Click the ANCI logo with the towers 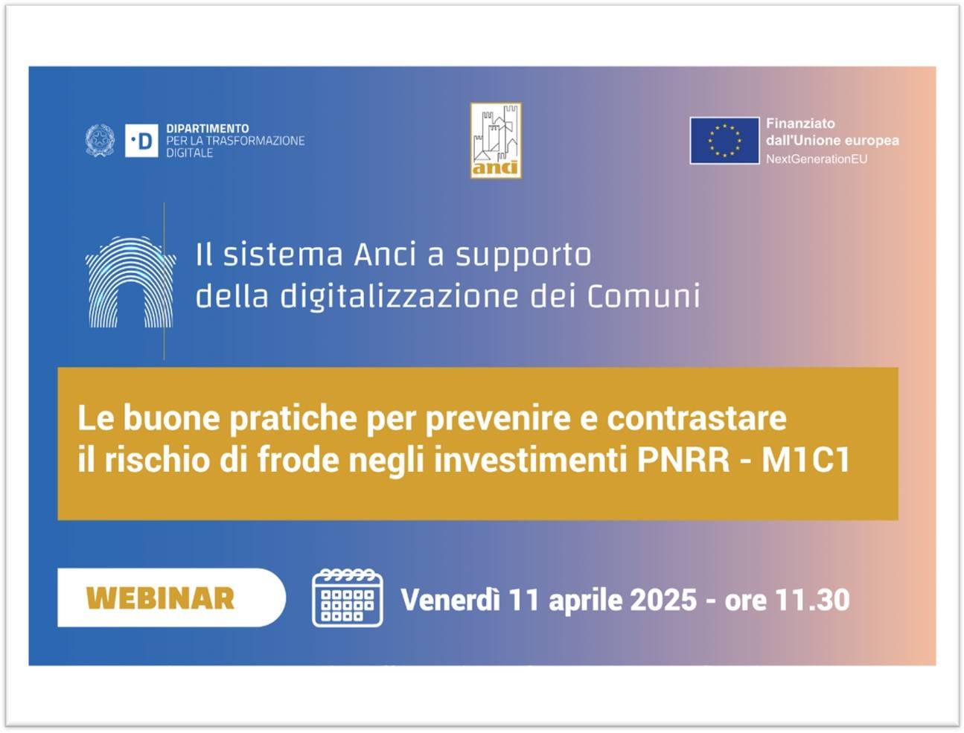[496, 141]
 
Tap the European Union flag [724, 141]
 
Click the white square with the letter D [141, 141]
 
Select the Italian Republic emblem [100, 141]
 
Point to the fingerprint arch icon [130, 282]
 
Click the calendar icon [348, 598]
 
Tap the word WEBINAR [160, 598]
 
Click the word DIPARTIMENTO [207, 129]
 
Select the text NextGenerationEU [817, 159]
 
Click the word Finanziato [800, 124]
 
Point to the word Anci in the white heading [385, 255]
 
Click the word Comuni [643, 297]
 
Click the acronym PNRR [683, 460]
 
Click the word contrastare [697, 418]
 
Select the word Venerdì [450, 600]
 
